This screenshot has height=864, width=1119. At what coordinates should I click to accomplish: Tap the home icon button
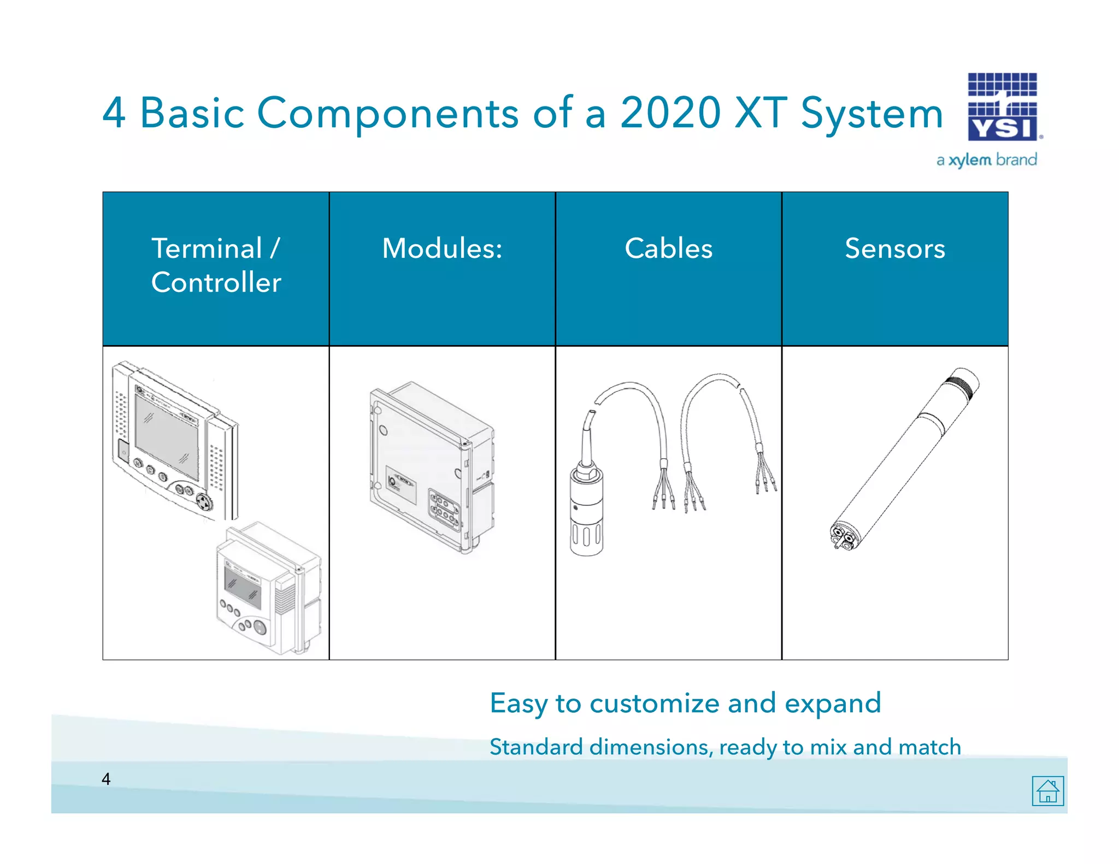tap(1047, 790)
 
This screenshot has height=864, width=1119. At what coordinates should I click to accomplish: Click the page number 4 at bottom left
tap(106, 779)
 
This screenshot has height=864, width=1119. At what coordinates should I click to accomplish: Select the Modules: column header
tap(442, 248)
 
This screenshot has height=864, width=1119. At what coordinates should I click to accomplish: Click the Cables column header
tap(668, 248)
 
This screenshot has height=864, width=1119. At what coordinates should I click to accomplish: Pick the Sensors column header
tap(894, 248)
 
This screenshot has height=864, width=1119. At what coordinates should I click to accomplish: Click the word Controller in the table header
tap(216, 282)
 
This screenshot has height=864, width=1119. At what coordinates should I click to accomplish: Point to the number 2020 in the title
tap(670, 113)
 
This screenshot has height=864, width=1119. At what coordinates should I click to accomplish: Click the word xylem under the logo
tap(969, 160)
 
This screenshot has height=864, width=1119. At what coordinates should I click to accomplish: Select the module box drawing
tap(432, 467)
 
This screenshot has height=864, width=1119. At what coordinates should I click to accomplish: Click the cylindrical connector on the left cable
tap(586, 508)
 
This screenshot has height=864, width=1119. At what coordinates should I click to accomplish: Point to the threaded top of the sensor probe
tap(963, 382)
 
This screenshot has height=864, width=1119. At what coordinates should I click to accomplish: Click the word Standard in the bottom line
tap(536, 747)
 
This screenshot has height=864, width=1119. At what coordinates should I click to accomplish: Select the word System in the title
tap(872, 113)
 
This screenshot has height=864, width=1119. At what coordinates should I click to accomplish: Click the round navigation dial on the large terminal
tap(204, 501)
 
